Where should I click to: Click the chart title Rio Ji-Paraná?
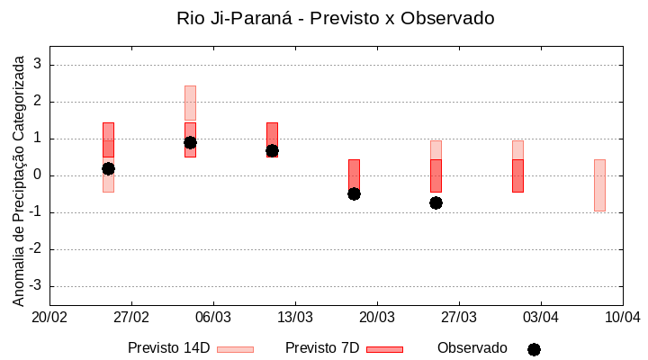[x=336, y=18]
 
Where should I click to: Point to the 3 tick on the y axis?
[x=38, y=65]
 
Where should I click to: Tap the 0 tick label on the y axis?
[x=38, y=175]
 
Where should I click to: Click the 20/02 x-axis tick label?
[x=49, y=317]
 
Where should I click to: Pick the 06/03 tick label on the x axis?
[x=213, y=317]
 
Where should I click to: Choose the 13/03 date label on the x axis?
[x=295, y=317]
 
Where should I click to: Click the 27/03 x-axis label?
[x=459, y=317]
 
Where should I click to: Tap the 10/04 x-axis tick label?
[x=622, y=317]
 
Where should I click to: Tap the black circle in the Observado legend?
[x=534, y=349]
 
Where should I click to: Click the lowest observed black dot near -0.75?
[x=436, y=202]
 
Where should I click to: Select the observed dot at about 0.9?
[x=190, y=142]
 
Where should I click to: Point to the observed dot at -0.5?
[x=354, y=193]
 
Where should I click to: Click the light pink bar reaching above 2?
[x=190, y=102]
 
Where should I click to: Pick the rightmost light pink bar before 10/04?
[x=599, y=185]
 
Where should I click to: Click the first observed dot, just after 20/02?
[x=108, y=168]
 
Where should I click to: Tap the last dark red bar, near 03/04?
[x=517, y=175]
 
